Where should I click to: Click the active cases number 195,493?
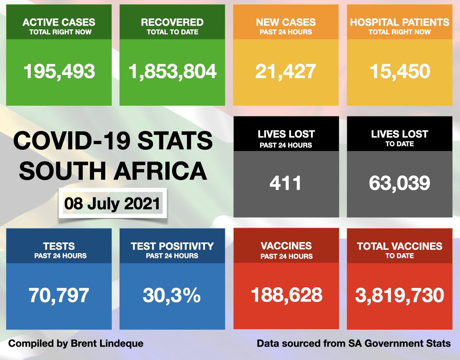point(59,72)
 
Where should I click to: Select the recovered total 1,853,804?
point(172,72)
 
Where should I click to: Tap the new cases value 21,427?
point(286,72)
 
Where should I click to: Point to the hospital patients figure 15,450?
point(400,72)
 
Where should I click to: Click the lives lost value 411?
point(286,183)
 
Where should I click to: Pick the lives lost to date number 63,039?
point(400,183)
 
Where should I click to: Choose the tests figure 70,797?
point(59,295)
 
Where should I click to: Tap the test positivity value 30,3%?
point(172,295)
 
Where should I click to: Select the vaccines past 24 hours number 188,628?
point(287,295)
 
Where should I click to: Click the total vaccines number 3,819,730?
point(400,295)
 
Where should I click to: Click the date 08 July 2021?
point(112,204)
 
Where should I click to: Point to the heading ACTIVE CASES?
point(59,22)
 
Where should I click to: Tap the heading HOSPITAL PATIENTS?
point(400,22)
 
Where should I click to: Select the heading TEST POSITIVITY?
point(172,246)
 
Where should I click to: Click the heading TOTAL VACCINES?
point(400,246)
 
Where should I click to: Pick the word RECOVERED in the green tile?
point(172,22)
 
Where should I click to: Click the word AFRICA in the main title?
point(160,171)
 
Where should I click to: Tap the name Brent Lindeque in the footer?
point(107,343)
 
